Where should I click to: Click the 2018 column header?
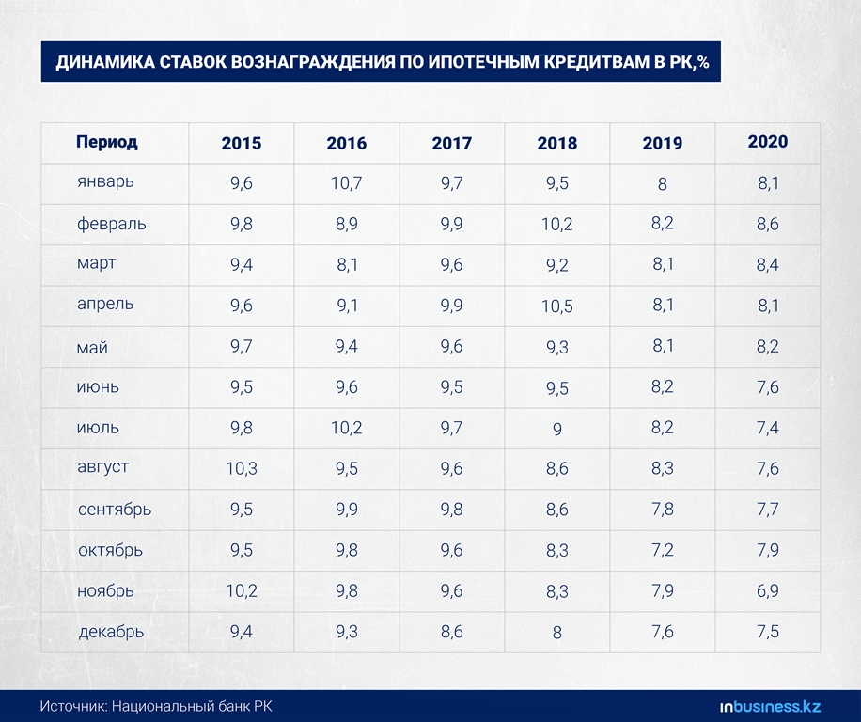coord(557,144)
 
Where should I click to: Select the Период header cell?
coord(107,143)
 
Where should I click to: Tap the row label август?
coord(103,466)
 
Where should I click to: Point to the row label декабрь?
coord(112,631)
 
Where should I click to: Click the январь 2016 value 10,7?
coord(347,184)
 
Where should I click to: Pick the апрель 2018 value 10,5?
coord(557,306)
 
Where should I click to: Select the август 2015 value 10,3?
coord(242,469)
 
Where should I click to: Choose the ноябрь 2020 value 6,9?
coord(768,591)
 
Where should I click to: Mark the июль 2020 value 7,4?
coord(768,429)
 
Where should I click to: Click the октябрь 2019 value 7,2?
coord(663,551)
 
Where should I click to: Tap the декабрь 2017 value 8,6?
coord(452,632)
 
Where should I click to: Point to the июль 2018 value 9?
coord(557,429)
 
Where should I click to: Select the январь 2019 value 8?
coord(663,184)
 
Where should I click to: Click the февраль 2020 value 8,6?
coord(768,225)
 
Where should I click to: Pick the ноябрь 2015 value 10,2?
coord(242,591)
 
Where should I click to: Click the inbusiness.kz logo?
coord(771,706)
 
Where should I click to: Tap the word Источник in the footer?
coord(71,706)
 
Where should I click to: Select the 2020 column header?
coord(768,142)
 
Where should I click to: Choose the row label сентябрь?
coord(115,510)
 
